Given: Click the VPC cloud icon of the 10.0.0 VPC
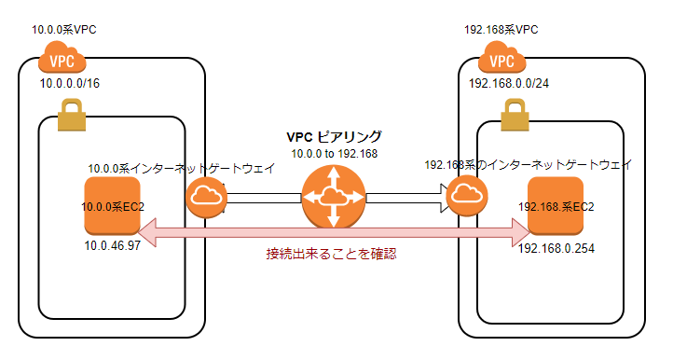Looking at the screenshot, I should click(x=62, y=61).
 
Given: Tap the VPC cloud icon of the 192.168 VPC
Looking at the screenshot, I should click(x=502, y=61).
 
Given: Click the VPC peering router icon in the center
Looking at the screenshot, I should click(x=333, y=197).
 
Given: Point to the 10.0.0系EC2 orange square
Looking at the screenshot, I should click(x=112, y=206).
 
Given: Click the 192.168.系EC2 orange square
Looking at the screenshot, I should click(x=555, y=205).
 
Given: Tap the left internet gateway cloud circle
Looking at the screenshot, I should click(x=206, y=197).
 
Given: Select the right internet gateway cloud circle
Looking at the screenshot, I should click(x=464, y=197).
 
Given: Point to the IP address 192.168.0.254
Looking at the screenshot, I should click(x=557, y=249).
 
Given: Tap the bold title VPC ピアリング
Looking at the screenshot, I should click(x=334, y=136).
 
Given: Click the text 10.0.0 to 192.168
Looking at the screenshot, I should click(x=334, y=153).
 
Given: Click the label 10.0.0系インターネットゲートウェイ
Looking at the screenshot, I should click(x=181, y=169).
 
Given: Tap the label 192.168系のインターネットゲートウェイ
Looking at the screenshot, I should click(x=528, y=164).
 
